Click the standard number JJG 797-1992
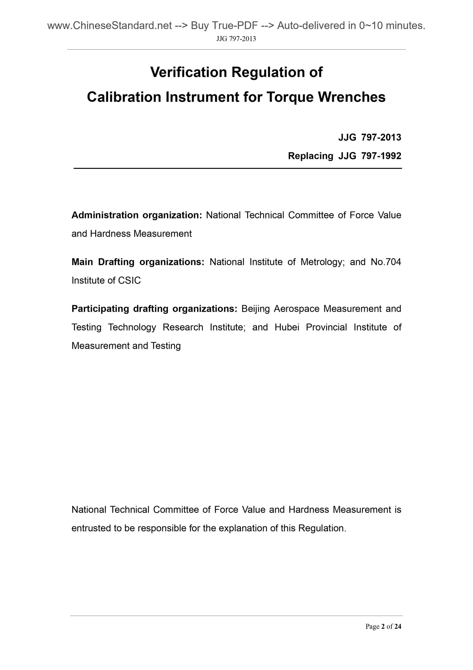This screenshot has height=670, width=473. [x=370, y=156]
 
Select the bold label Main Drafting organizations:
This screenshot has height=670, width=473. [x=138, y=262]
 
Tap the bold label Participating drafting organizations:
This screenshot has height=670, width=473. [x=154, y=309]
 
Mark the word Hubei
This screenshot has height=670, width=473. [x=287, y=327]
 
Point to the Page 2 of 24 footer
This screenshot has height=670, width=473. [x=383, y=627]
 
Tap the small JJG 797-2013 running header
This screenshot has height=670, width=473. [x=236, y=39]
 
